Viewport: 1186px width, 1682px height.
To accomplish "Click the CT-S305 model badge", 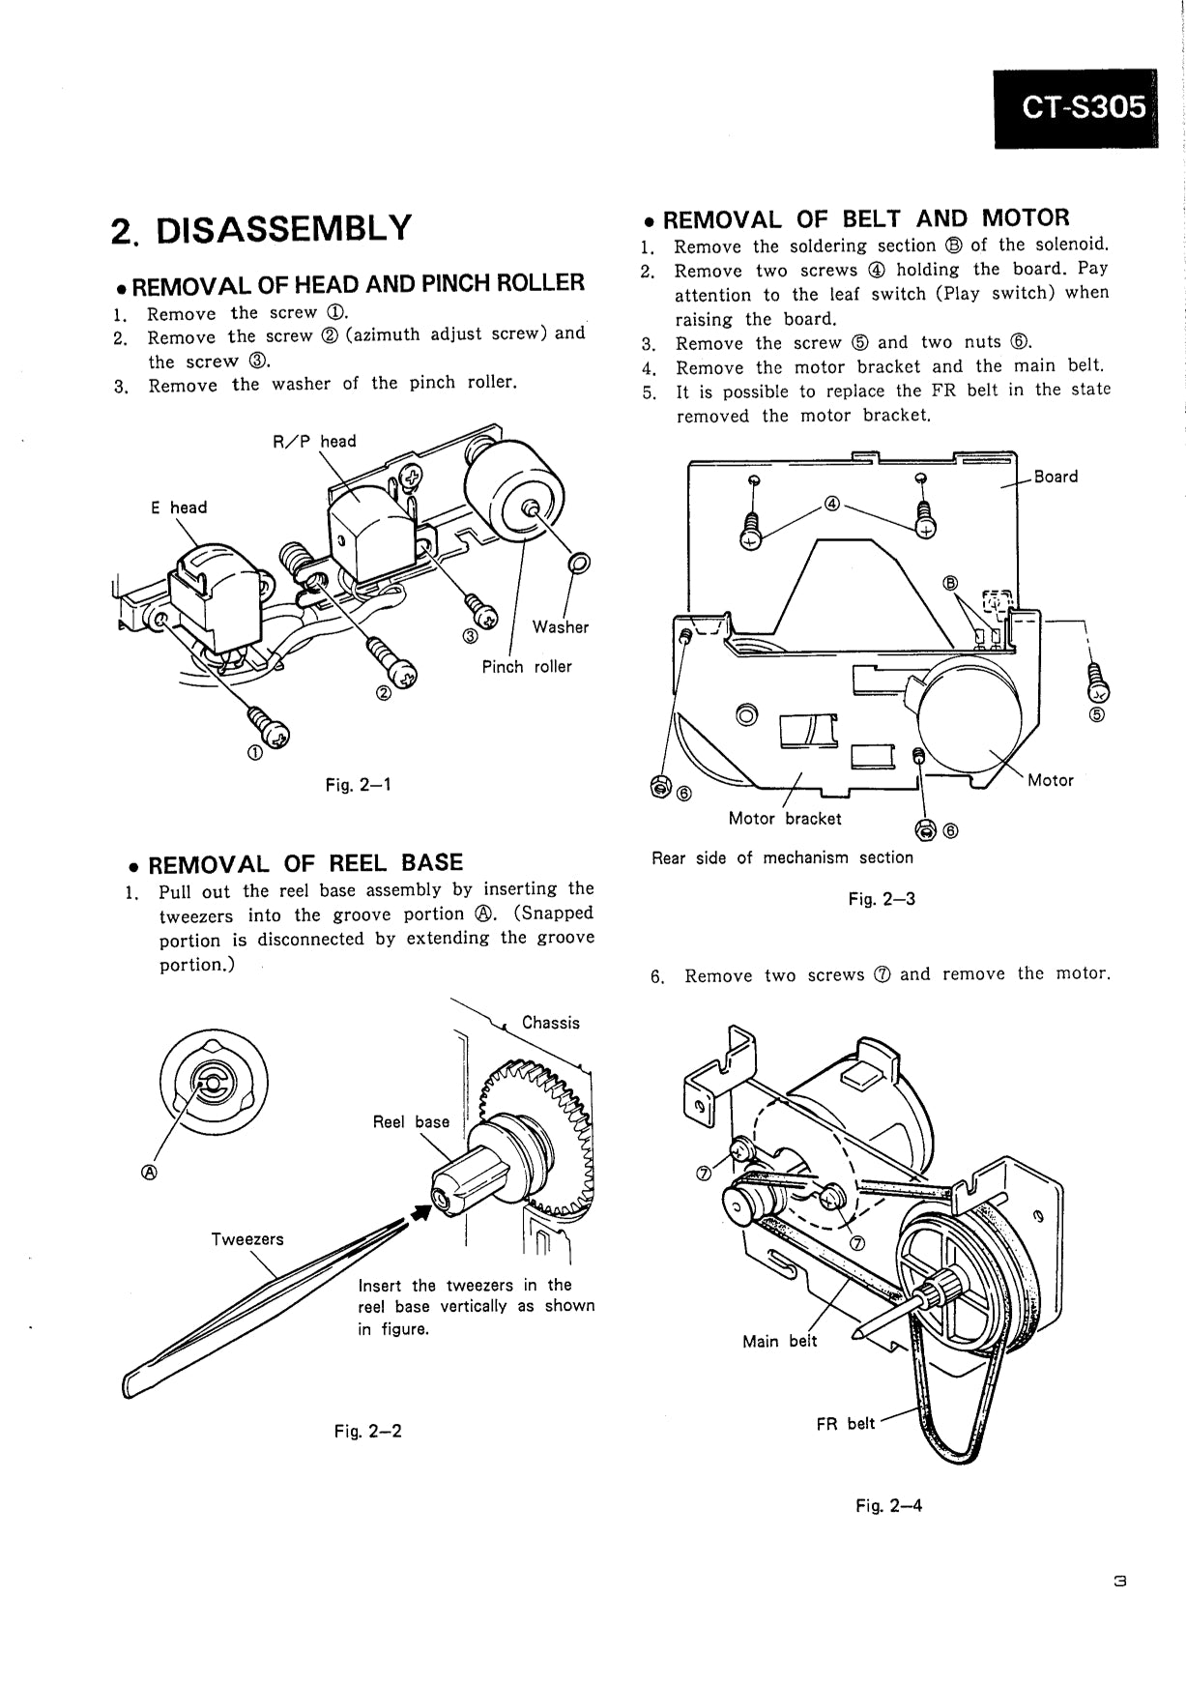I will coord(1075,107).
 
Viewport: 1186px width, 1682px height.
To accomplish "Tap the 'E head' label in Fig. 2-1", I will coord(178,507).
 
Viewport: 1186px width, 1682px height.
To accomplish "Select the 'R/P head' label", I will coord(314,441).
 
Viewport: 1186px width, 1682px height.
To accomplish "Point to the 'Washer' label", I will coord(560,626).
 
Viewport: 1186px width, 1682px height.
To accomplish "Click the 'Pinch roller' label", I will coord(527,666).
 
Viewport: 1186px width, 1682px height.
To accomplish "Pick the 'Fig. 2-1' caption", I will coord(358,784).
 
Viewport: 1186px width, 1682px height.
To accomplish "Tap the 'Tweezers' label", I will coord(247,1238).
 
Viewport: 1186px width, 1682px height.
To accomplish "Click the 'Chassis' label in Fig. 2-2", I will coord(551,1022).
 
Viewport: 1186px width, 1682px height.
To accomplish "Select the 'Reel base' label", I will coord(411,1121).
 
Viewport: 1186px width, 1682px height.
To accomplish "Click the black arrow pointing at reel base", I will coord(419,1211).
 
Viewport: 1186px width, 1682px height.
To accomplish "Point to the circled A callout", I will coord(149,1172).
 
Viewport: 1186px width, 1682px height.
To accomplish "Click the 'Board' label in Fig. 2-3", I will coord(1056,476).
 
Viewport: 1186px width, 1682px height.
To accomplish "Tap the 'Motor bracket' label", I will coord(785,818).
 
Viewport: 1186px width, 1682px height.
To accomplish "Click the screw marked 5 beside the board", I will coord(1098,681).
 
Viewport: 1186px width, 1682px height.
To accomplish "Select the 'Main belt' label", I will coord(779,1341).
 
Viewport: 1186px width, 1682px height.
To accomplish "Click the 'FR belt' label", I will coord(845,1423).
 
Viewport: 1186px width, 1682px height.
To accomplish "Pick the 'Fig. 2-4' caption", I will coord(888,1505).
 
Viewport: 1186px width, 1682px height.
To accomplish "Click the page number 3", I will coord(1120,1582).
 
